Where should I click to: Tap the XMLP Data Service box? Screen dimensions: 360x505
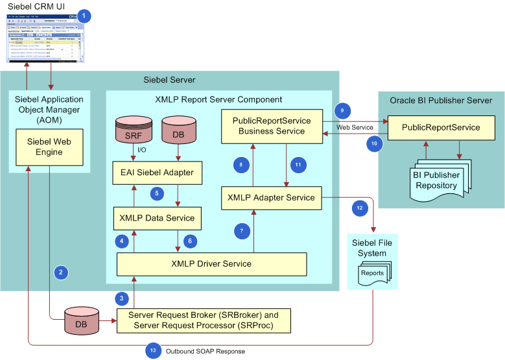(156, 218)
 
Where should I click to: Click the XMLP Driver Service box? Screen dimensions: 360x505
(211, 263)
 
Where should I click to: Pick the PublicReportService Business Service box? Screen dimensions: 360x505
(272, 126)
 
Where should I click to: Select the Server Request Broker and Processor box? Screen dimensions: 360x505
(203, 320)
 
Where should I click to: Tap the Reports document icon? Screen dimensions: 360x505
(371, 274)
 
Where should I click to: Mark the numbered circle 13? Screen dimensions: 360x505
(152, 350)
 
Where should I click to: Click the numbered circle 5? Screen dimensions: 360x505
(156, 193)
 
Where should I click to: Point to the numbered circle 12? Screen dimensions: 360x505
(360, 208)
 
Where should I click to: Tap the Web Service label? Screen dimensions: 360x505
(354, 127)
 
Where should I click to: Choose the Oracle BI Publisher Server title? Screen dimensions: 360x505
(441, 101)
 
